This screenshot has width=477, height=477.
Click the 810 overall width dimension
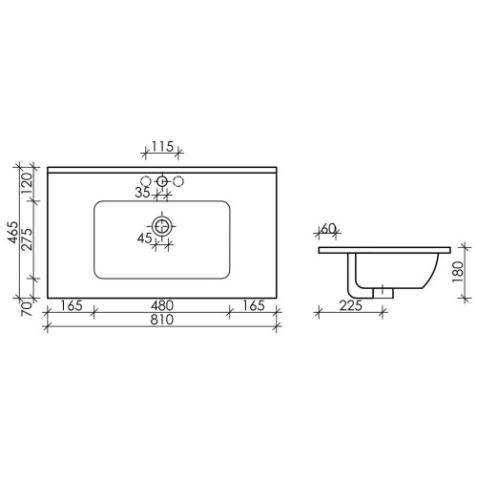(162, 320)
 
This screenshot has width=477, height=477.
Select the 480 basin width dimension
(162, 305)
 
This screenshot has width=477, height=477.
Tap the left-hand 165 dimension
(72, 305)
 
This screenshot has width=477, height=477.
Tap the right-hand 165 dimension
(254, 305)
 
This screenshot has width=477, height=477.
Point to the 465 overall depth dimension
(13, 232)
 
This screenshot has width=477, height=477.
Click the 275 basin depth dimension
(28, 239)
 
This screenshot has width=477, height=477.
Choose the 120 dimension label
(28, 184)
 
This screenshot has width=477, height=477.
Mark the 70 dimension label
(28, 309)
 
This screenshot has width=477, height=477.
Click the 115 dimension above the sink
(162, 147)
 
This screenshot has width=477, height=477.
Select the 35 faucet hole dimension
(142, 193)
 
